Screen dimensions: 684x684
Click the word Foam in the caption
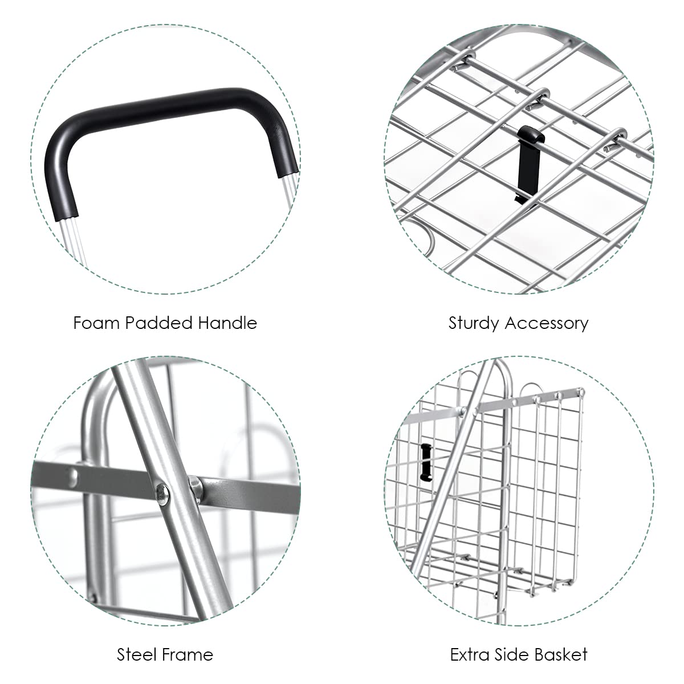coord(96,323)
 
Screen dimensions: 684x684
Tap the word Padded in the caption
coord(158,323)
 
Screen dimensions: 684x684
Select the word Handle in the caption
coord(227,323)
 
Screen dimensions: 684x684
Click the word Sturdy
coord(474,324)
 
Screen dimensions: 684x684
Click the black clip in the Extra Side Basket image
coord(426,462)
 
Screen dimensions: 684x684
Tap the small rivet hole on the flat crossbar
coord(74,478)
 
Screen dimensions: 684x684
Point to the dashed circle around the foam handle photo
coord(31,160)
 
